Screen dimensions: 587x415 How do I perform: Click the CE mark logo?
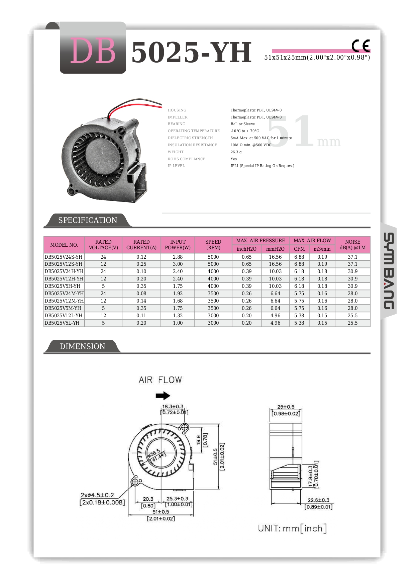(360, 46)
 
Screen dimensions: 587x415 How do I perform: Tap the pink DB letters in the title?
(93, 51)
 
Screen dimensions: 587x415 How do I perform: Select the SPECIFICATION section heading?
(88, 220)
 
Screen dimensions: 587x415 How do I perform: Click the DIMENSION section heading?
(82, 346)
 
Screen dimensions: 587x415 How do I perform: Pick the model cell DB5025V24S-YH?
(64, 257)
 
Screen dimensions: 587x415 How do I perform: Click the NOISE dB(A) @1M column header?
(352, 245)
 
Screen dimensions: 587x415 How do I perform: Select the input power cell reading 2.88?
(178, 257)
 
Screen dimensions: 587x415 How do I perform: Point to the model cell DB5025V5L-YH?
(62, 323)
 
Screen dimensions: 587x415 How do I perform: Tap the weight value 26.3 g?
(236, 152)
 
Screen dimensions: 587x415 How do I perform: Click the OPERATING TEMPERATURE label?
(194, 131)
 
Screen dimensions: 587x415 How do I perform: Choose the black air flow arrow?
(163, 396)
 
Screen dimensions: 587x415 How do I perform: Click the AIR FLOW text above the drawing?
(160, 380)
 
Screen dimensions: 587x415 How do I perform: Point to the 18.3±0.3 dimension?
(173, 407)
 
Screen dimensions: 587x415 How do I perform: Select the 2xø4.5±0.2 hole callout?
(97, 495)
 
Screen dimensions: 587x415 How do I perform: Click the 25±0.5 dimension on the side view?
(286, 407)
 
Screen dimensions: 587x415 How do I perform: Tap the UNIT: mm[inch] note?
(292, 528)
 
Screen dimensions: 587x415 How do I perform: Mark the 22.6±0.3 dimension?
(318, 500)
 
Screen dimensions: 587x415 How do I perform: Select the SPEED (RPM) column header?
(213, 245)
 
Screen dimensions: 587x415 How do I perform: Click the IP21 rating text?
(262, 166)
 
